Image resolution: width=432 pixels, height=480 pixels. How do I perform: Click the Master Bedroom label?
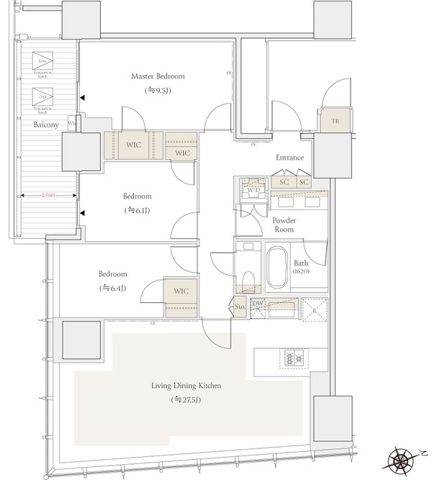(157, 76)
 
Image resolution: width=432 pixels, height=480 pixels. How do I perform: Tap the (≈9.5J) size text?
(157, 91)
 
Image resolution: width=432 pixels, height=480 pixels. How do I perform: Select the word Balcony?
(46, 124)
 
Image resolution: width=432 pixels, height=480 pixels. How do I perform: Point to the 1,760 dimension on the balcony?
(49, 195)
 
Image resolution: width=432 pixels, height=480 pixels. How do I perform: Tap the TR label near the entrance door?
(335, 122)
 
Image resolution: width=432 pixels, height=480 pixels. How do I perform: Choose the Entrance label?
(289, 158)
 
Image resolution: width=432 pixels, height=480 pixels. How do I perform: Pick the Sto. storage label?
(240, 307)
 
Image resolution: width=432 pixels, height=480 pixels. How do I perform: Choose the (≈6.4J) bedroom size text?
(112, 288)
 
